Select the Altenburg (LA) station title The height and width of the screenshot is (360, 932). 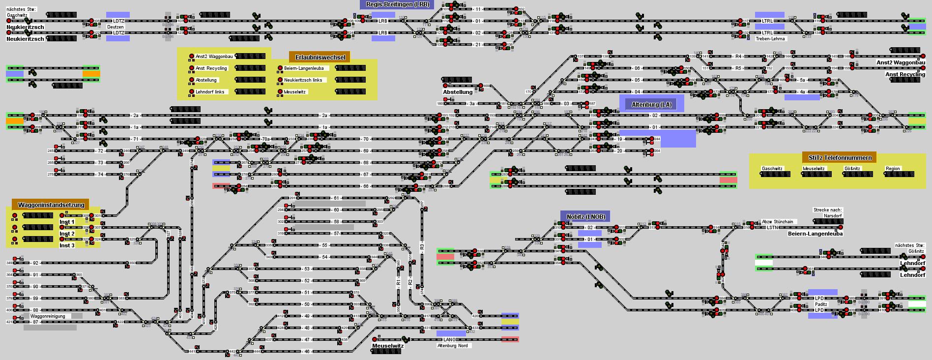tap(651, 105)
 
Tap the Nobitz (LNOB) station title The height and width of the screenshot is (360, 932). tap(585, 216)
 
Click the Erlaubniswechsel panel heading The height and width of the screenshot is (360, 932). tap(320, 57)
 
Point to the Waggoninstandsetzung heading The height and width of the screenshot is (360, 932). tap(51, 205)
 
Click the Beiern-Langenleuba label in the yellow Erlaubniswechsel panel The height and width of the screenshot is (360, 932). tap(300, 68)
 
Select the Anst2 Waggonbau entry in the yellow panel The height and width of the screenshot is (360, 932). tap(214, 57)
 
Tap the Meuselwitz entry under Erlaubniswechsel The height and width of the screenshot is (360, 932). tap(294, 92)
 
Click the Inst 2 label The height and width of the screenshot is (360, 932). tap(67, 234)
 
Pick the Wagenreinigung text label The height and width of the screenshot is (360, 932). tap(48, 316)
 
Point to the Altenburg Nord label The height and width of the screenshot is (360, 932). tap(452, 346)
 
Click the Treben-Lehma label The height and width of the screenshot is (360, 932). tap(770, 38)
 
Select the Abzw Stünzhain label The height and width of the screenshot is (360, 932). tap(777, 222)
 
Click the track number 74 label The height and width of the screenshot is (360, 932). tap(100, 175)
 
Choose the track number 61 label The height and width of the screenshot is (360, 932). tap(336, 198)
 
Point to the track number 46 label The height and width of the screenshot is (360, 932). tap(307, 352)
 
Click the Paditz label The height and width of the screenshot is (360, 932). tap(821, 304)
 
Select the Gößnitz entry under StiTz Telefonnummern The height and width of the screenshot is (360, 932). tap(852, 169)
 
